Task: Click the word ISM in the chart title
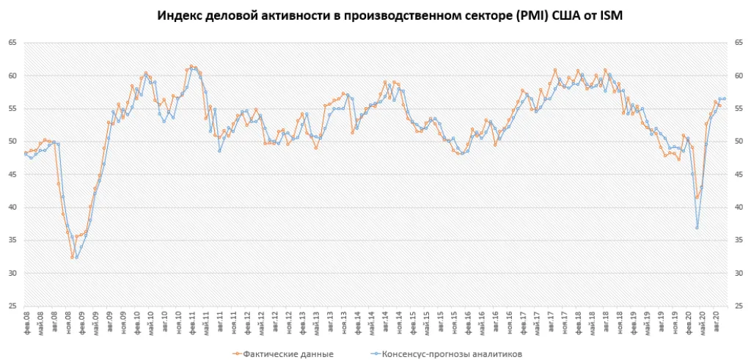609,16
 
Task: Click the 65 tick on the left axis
12,43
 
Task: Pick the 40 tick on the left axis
12,207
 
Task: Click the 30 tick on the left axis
12,273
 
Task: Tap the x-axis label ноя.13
343,321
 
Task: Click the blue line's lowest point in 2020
697,227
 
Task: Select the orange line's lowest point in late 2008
72,257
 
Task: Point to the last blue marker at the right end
725,98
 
